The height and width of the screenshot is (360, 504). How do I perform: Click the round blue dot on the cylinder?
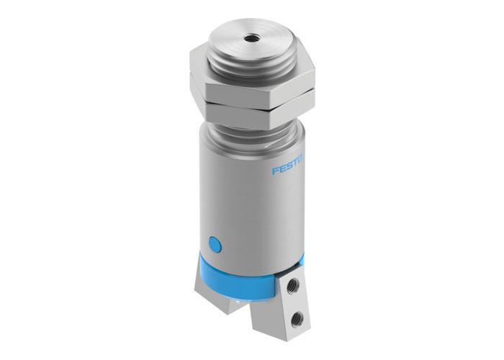214,243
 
